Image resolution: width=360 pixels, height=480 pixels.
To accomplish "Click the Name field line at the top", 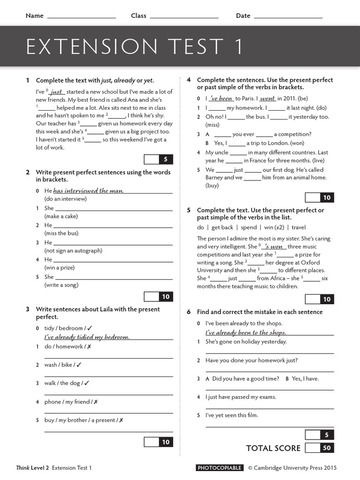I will [x=82, y=17].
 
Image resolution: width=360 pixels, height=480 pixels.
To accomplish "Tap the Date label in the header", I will [x=243, y=15].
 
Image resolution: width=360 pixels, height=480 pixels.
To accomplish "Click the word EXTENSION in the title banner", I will [x=89, y=47].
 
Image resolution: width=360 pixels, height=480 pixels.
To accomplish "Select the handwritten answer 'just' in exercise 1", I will [x=57, y=92].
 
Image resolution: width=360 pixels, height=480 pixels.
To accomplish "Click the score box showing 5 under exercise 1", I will [x=165, y=159].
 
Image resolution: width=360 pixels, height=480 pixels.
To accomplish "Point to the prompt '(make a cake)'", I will [x=61, y=216].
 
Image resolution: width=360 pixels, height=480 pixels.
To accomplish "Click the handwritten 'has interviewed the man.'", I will [x=89, y=191].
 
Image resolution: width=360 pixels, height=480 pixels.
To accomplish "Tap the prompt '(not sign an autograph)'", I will [x=73, y=250].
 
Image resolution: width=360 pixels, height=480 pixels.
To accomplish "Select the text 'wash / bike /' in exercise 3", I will [x=60, y=365].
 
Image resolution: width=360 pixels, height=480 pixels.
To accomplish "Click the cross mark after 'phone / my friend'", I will [x=96, y=402].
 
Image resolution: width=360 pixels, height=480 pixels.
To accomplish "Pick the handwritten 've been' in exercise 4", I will [x=221, y=98].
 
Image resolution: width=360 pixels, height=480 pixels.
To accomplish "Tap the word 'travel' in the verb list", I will [x=299, y=227].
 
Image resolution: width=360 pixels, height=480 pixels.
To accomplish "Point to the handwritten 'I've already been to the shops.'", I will [x=246, y=332].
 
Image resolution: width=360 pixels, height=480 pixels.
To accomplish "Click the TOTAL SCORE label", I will [x=273, y=448].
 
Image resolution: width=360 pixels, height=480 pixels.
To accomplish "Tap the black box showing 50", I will [x=327, y=448].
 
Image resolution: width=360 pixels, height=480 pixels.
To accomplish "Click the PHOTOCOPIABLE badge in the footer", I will [x=220, y=468].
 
